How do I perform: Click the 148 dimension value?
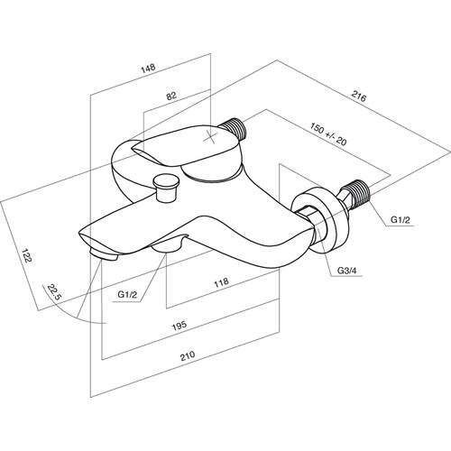point(148,68)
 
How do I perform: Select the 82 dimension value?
point(171,96)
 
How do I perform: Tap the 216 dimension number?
point(359,97)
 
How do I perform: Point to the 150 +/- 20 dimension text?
point(328,133)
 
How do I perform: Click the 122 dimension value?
point(26,255)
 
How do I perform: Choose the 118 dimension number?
point(221,282)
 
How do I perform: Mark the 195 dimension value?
point(179,326)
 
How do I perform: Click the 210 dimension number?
point(188,356)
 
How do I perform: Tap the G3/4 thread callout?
point(346,271)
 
